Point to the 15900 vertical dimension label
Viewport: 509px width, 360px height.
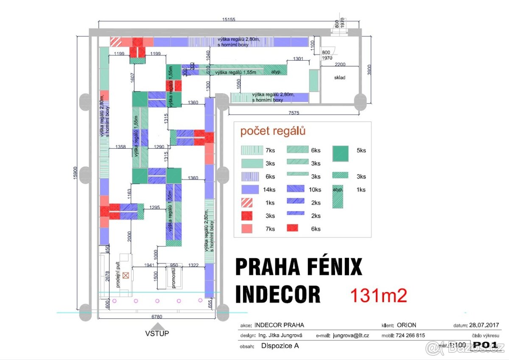(x=75, y=172)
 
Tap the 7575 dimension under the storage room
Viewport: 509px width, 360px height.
(x=291, y=112)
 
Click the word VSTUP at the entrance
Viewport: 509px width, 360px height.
(x=157, y=333)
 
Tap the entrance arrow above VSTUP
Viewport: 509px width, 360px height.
(x=157, y=325)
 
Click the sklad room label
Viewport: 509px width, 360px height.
(x=339, y=78)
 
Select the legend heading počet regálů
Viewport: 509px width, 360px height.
(x=273, y=131)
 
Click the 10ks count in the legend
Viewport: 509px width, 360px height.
(x=316, y=190)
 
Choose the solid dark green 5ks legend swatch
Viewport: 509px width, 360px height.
(x=341, y=153)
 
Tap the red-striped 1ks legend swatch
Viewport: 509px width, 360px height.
(x=246, y=203)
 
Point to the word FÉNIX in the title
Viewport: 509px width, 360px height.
(x=330, y=267)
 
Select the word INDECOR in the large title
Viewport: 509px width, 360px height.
(x=278, y=294)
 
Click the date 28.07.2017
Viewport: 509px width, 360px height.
(x=484, y=325)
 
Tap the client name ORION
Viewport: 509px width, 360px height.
(x=406, y=325)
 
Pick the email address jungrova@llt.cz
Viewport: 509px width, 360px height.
(x=351, y=335)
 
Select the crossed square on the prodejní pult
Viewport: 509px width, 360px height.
(x=126, y=275)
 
